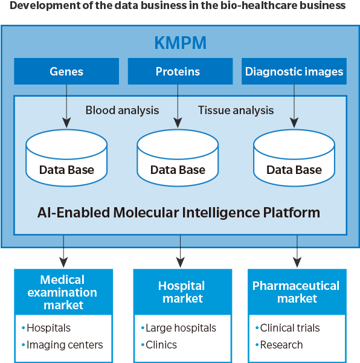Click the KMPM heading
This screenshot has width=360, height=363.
click(x=181, y=43)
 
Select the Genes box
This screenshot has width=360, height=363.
click(x=66, y=71)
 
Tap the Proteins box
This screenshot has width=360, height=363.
click(x=180, y=71)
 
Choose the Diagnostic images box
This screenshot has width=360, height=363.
click(x=294, y=71)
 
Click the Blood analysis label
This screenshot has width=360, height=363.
click(x=122, y=110)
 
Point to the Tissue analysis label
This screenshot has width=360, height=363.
click(x=236, y=110)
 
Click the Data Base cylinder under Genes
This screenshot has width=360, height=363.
click(x=66, y=158)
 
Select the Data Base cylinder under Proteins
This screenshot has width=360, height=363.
click(x=178, y=158)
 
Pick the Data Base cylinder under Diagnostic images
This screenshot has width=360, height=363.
click(x=294, y=158)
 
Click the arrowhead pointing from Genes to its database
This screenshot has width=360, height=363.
click(x=66, y=123)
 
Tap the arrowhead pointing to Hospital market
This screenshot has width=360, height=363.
click(x=180, y=262)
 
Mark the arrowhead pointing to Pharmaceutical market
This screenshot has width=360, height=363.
click(x=297, y=262)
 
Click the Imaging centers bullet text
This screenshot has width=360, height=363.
click(x=65, y=345)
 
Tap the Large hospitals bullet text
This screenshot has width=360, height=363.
click(x=181, y=328)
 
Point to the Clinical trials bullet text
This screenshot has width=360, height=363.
click(x=290, y=328)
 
